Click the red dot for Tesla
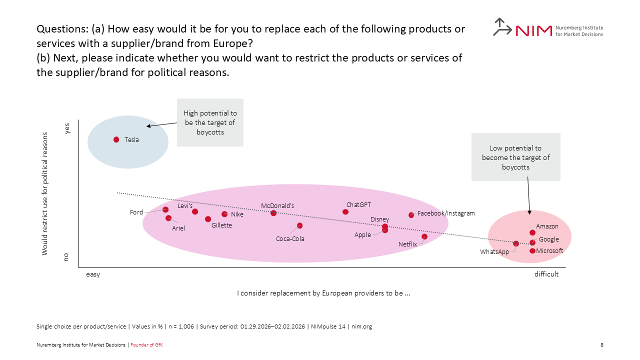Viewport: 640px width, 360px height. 116,140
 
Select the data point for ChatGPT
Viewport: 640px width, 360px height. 345,212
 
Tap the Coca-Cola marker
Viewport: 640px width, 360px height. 299,225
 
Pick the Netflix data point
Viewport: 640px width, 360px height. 424,236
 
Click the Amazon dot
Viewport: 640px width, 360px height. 532,232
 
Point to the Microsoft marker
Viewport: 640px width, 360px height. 532,250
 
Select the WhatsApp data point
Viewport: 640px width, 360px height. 516,243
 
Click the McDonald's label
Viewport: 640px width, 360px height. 277,205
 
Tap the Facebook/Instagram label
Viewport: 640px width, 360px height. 446,213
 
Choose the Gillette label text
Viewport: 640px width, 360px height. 221,225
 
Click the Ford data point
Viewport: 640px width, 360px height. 165,209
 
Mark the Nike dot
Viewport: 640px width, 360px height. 224,214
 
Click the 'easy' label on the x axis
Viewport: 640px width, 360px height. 93,274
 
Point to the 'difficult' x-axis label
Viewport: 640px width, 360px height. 546,274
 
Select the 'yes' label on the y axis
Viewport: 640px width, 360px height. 67,128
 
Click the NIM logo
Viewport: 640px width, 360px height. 547,28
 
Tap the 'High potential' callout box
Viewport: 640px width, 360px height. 210,122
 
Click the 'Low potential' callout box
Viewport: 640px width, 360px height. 515,157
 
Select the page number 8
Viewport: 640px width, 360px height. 601,344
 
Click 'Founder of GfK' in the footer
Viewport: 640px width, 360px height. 146,344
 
